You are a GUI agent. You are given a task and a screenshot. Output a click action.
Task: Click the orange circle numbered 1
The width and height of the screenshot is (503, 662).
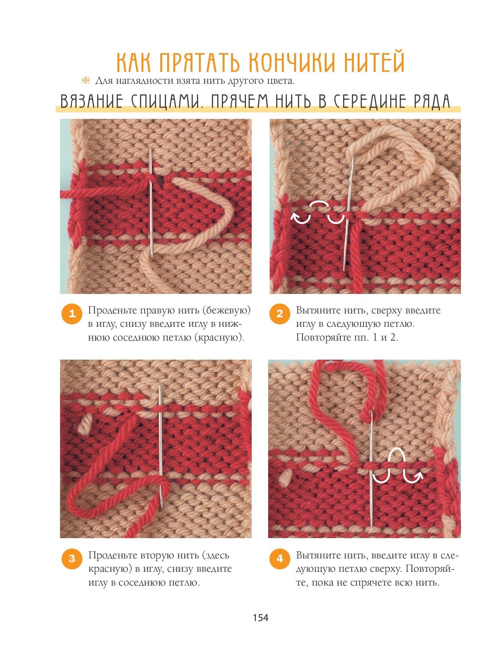pos(72,314)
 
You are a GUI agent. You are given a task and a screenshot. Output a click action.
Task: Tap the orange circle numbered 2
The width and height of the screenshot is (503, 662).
pos(280,314)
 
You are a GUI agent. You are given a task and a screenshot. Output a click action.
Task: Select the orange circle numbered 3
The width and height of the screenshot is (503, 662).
pos(72,558)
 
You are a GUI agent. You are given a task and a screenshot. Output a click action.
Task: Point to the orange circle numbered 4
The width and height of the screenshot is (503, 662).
pos(280,558)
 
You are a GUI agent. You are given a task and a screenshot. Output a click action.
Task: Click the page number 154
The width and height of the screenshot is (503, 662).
pos(260,618)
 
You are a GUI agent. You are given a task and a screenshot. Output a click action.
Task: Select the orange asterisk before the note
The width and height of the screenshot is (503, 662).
pos(85,81)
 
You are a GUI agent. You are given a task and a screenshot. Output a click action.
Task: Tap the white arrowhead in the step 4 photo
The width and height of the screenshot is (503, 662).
pos(418,475)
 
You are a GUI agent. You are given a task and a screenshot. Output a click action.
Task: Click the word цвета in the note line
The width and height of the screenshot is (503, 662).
pos(282,81)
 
